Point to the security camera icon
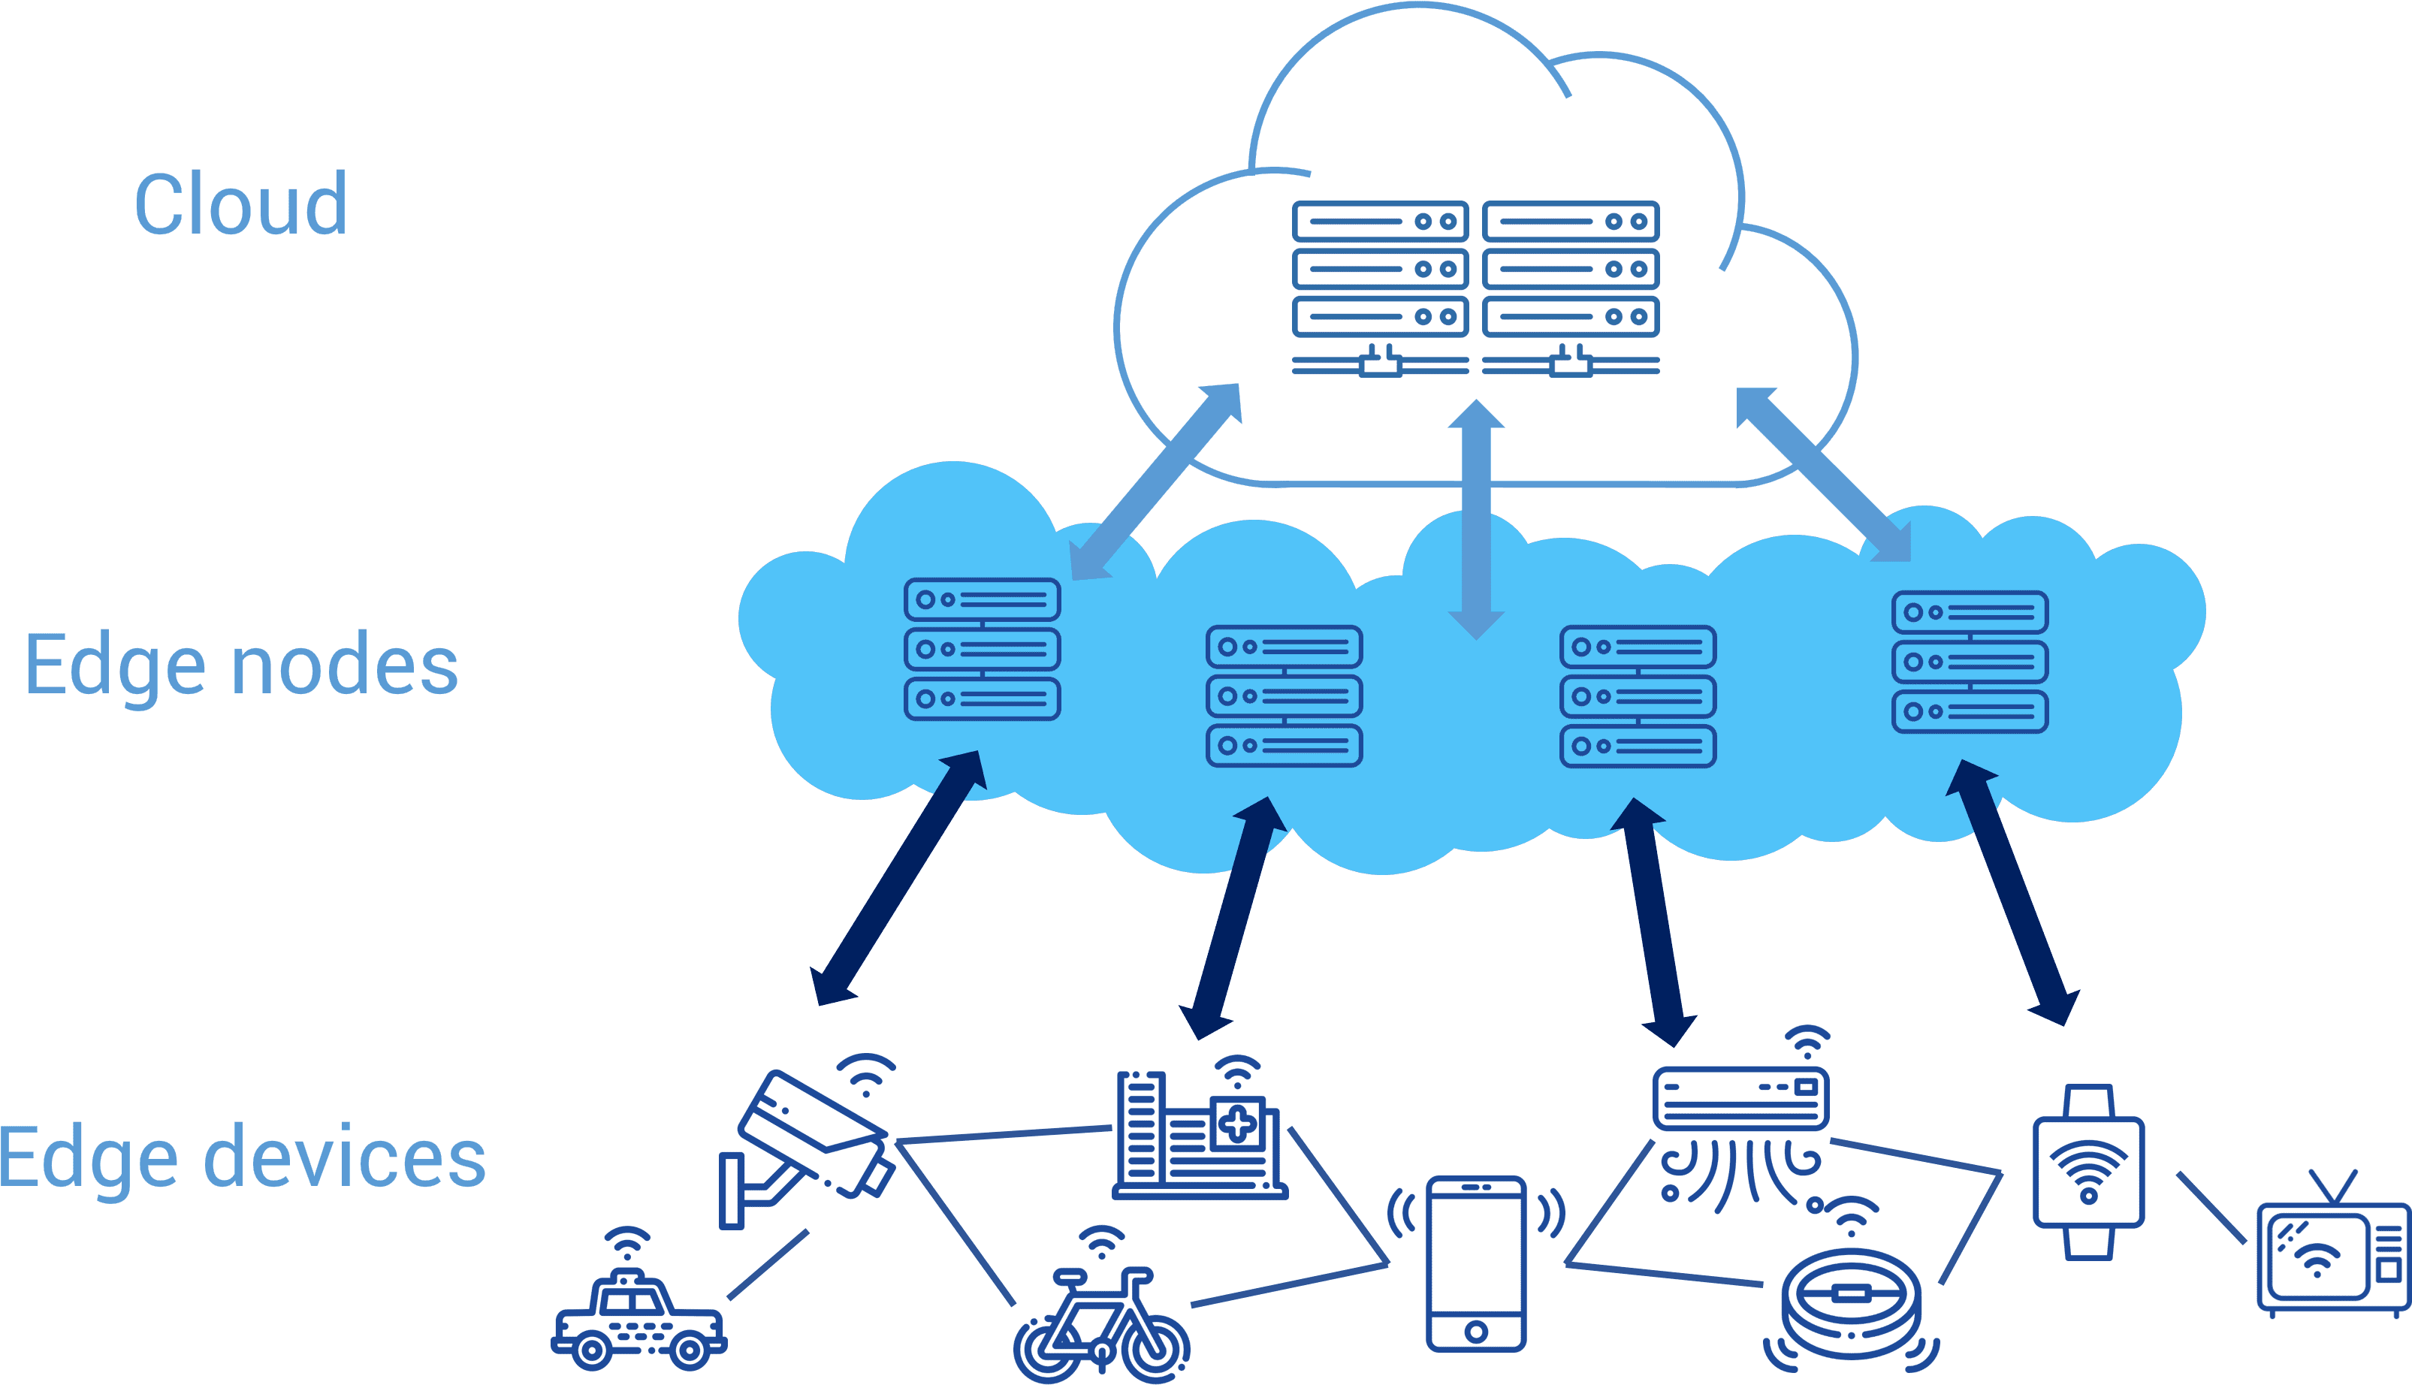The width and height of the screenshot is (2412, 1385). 808,1142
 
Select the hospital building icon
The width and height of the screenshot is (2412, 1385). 1200,1128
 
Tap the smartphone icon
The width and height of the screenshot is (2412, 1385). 1476,1263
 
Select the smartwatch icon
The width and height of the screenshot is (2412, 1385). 2089,1172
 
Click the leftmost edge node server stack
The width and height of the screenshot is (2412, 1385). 982,649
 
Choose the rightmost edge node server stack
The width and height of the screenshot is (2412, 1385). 1970,661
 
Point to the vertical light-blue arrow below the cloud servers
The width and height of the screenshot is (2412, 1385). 1476,520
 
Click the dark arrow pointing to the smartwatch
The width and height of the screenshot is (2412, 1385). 2012,892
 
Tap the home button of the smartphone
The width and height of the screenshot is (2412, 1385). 1476,1331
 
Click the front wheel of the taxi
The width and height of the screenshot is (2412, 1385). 592,1350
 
